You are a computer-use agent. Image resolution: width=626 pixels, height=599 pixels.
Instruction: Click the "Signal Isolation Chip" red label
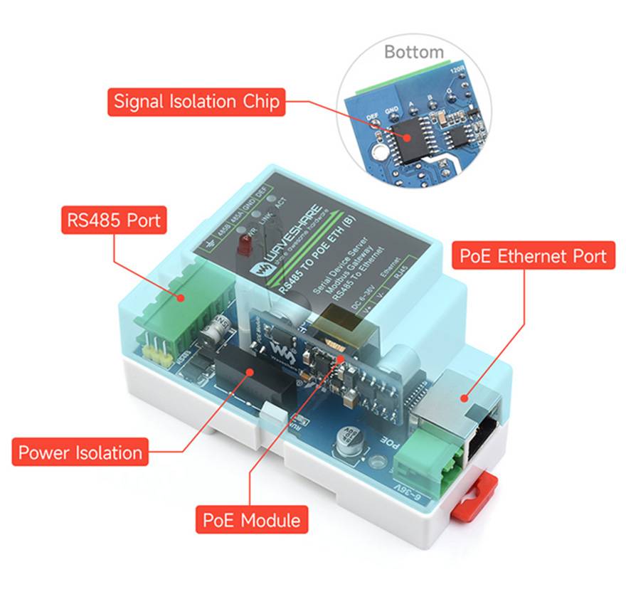pyautogui.click(x=196, y=102)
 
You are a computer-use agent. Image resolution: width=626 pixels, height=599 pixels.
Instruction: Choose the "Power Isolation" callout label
pyautogui.click(x=80, y=452)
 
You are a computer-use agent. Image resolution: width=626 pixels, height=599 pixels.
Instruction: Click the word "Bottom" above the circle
pyautogui.click(x=413, y=52)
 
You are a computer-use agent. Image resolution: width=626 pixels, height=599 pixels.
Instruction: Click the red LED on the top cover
pyautogui.click(x=240, y=247)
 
